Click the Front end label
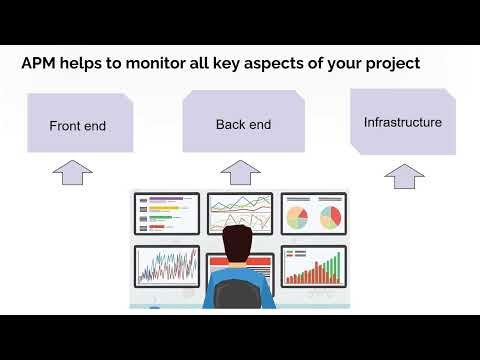[77, 127]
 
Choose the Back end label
[243, 125]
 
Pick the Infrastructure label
[402, 123]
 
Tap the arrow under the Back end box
[239, 173]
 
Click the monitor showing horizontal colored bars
[166, 213]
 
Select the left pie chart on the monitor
[298, 216]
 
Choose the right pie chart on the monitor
[329, 216]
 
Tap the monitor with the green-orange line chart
[239, 213]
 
